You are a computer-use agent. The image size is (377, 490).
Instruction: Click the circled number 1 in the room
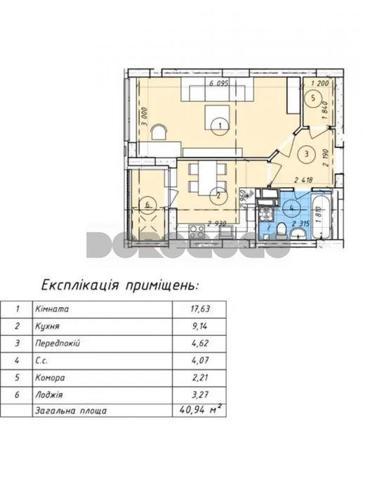click(x=220, y=125)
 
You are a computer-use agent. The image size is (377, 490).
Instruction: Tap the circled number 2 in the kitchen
click(x=219, y=196)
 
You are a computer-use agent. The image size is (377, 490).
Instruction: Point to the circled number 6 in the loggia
click(x=148, y=205)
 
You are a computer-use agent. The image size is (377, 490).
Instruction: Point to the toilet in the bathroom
click(x=280, y=232)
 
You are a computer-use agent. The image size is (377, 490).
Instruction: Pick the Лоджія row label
click(x=48, y=395)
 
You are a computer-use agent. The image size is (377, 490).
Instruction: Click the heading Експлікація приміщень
click(x=120, y=285)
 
